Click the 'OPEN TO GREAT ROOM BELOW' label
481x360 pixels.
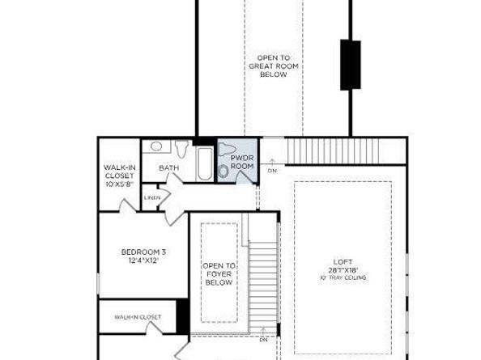coord(274,66)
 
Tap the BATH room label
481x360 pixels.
coord(168,168)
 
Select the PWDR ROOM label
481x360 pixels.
coord(242,161)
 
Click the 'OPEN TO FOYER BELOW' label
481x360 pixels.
coord(219,274)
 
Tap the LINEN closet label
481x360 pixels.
coord(152,197)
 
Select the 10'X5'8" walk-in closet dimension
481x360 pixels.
coord(118,184)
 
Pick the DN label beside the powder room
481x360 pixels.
coord(272,171)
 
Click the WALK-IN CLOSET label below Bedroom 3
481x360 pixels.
coord(137,317)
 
